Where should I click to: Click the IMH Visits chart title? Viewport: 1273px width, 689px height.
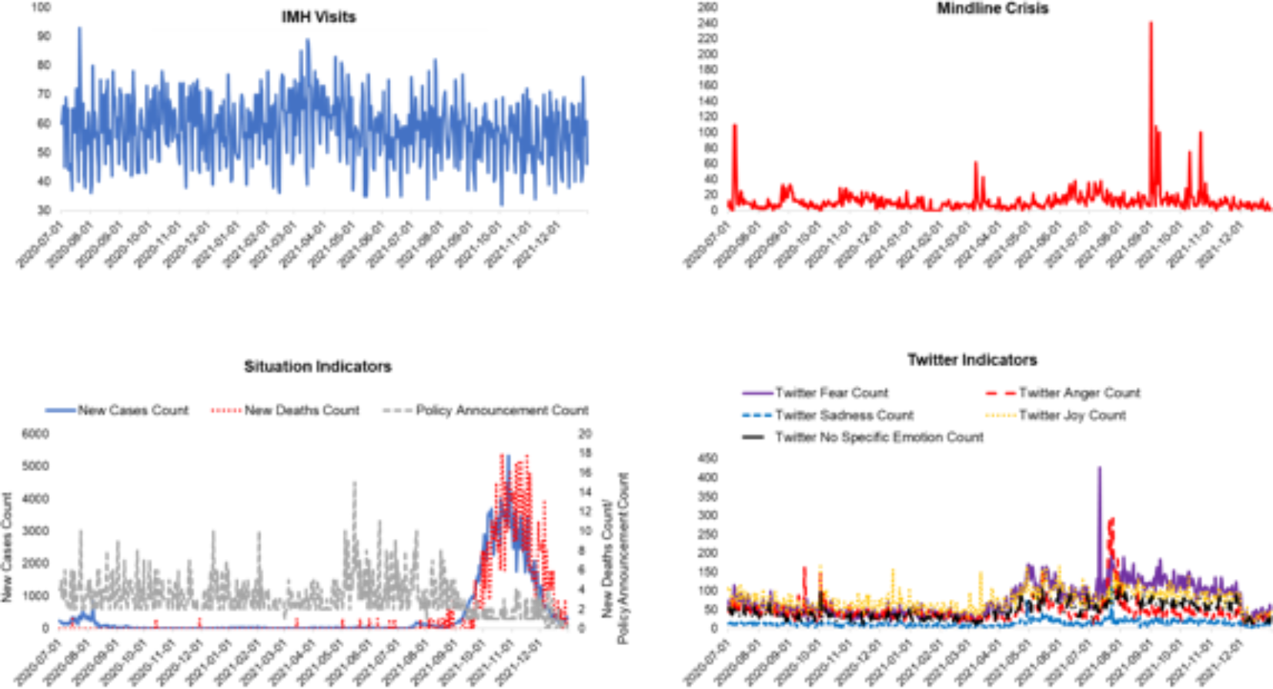coord(318,17)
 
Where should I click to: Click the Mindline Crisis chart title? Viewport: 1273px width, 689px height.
coord(992,8)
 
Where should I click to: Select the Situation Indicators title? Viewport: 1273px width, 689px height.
coord(317,366)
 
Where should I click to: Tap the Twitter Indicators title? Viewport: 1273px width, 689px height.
coord(971,360)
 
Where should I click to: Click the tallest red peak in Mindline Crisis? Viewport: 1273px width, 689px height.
coord(1151,23)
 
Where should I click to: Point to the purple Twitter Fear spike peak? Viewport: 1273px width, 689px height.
coord(1098,468)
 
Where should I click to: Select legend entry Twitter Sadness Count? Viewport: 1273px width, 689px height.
coord(844,415)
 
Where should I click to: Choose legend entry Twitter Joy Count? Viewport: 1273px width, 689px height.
coord(1071,415)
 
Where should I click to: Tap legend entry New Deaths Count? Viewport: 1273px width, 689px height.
coord(301,410)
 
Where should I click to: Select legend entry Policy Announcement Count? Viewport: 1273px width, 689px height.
coord(501,410)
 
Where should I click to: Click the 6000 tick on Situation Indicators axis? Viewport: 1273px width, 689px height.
coord(35,433)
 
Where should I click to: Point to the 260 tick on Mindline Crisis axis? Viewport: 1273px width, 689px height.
coord(707,7)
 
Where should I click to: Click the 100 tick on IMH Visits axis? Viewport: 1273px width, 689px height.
coord(41,7)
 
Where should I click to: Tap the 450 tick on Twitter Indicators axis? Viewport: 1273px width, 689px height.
coord(707,458)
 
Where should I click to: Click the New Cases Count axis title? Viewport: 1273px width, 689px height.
coord(8,547)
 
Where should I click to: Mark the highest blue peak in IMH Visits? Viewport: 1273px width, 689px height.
coord(79,28)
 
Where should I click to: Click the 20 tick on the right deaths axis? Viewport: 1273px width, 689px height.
coord(585,433)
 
